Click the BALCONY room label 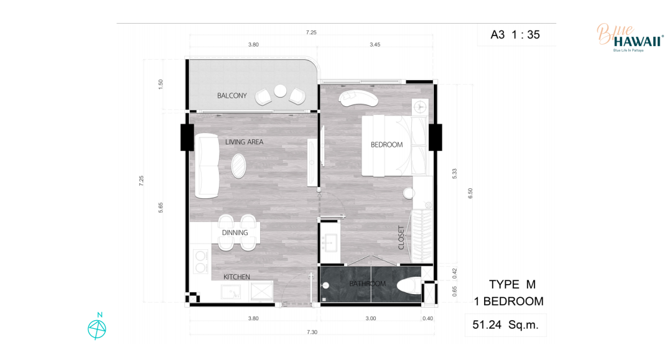click(x=232, y=96)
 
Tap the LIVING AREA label click(x=245, y=142)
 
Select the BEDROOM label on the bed click(x=386, y=145)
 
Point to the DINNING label click(x=235, y=233)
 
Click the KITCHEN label click(x=236, y=277)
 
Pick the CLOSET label click(x=401, y=238)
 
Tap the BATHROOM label click(x=367, y=284)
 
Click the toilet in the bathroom click(x=409, y=285)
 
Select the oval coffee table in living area click(x=239, y=165)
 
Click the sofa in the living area click(x=207, y=165)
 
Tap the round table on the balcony click(x=280, y=91)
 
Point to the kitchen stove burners click(x=200, y=262)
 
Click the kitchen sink click(x=231, y=292)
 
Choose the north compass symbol click(x=97, y=328)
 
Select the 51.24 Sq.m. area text click(x=505, y=325)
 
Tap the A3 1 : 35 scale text click(x=515, y=35)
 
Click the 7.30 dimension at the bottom click(x=312, y=332)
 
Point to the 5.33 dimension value click(x=455, y=173)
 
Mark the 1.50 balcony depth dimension click(x=161, y=84)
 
